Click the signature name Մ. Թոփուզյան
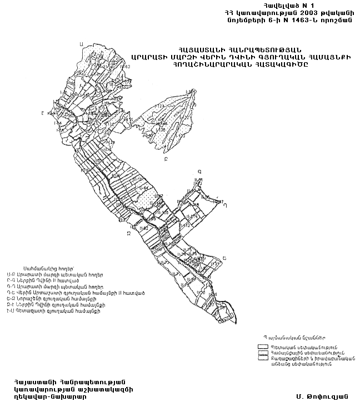click(322, 396)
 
